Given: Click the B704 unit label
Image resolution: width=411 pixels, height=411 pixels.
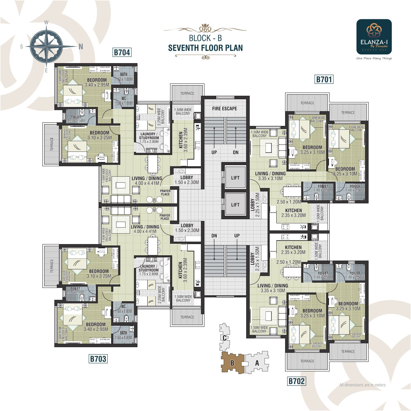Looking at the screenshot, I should click(x=122, y=53).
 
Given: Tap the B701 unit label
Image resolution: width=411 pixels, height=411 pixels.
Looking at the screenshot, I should click(x=324, y=80).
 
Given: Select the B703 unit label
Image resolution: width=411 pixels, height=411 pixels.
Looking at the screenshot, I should click(x=98, y=359).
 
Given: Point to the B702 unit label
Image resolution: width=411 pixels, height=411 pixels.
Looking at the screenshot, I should click(x=297, y=381).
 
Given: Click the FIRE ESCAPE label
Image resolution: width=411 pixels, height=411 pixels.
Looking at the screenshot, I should click(x=224, y=109).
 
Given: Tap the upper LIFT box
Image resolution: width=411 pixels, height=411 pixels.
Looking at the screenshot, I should click(x=235, y=178).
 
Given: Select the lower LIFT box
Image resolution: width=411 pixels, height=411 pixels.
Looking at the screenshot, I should click(x=235, y=205).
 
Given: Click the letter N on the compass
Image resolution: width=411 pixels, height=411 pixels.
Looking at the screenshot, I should click(x=81, y=46).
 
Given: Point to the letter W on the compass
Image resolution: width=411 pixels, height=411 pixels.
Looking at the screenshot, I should click(x=46, y=22).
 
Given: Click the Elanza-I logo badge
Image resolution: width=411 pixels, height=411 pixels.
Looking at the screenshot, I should click(x=374, y=36).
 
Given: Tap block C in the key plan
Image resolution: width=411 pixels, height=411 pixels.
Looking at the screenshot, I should click(x=224, y=338).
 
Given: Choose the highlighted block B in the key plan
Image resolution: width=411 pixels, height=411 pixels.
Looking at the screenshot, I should click(x=232, y=363).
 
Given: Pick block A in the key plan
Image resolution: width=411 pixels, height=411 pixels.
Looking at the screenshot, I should click(x=257, y=363).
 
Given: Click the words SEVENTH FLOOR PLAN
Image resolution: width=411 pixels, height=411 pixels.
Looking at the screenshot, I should click(x=205, y=48).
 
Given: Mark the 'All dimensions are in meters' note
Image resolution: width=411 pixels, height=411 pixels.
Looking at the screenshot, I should click(x=362, y=385).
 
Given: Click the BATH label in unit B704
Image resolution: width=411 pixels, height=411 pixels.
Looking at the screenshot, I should click(x=124, y=74).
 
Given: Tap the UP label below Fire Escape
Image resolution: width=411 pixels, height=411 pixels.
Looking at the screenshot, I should click(x=214, y=152).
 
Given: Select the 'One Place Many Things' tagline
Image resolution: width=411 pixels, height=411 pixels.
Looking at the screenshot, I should click(x=374, y=59).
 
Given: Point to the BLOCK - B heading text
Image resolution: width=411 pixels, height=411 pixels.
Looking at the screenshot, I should click(x=205, y=38).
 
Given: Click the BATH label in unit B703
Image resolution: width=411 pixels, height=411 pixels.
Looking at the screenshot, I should click(x=123, y=333).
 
